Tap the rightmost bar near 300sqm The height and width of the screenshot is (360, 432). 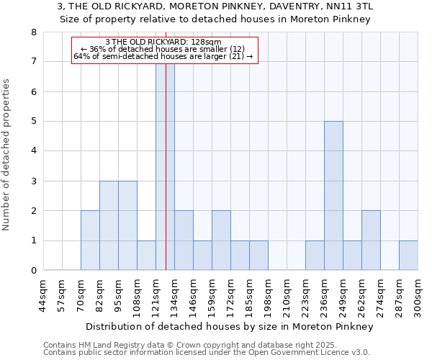tap(408, 256)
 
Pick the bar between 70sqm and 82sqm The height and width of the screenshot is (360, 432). tap(90, 240)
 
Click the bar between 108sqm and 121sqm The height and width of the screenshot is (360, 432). tap(146, 256)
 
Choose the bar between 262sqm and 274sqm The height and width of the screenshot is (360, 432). tap(371, 240)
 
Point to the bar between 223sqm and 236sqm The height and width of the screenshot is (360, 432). tap(315, 256)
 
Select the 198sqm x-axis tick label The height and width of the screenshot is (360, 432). tap(268, 295)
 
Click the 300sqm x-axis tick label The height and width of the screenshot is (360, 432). tap(418, 295)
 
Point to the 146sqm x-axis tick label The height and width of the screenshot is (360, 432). tap(193, 295)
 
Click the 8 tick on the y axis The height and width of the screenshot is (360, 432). tap(33, 32)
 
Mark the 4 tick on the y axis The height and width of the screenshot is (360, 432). tap(33, 151)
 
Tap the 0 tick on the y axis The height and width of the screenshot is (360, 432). tap(33, 271)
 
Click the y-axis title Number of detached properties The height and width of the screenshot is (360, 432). tap(7, 154)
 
